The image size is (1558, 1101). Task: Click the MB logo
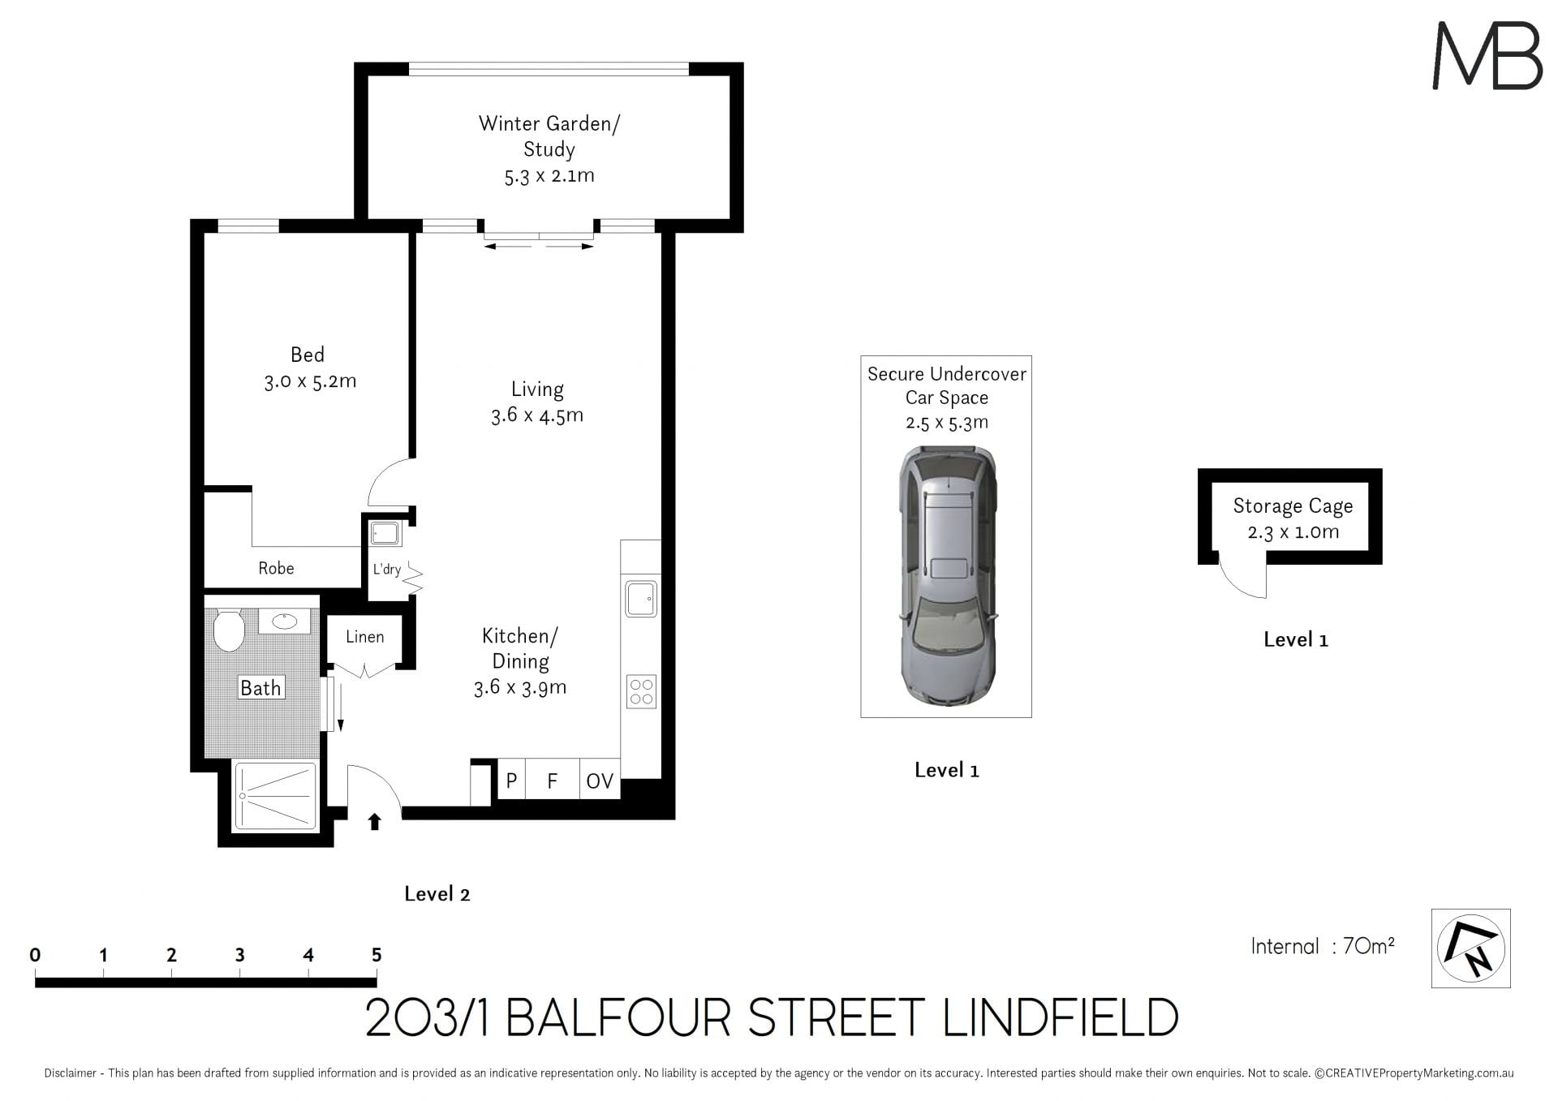(1487, 55)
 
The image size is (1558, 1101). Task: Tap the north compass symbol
(1470, 948)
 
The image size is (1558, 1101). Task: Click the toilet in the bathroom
(229, 630)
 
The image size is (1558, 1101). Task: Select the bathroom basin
(284, 621)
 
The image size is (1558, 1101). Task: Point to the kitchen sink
(641, 600)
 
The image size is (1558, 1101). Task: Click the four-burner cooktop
(641, 691)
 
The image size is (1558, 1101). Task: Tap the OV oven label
(600, 781)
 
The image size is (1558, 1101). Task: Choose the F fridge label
(553, 781)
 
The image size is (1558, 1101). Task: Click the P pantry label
(511, 781)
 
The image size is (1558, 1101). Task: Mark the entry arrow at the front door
(374, 822)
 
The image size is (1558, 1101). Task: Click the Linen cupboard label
(365, 637)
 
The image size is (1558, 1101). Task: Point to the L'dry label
(387, 569)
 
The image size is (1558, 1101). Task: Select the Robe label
(276, 568)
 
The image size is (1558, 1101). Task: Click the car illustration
(947, 577)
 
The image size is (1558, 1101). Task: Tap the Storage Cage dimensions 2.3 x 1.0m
(1293, 532)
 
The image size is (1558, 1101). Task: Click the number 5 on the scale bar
(377, 955)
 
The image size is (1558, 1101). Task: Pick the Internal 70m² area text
(1323, 946)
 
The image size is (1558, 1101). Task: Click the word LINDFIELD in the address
(1061, 1017)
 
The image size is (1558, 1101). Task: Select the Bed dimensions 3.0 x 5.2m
(310, 381)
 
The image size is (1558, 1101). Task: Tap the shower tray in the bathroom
(276, 796)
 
